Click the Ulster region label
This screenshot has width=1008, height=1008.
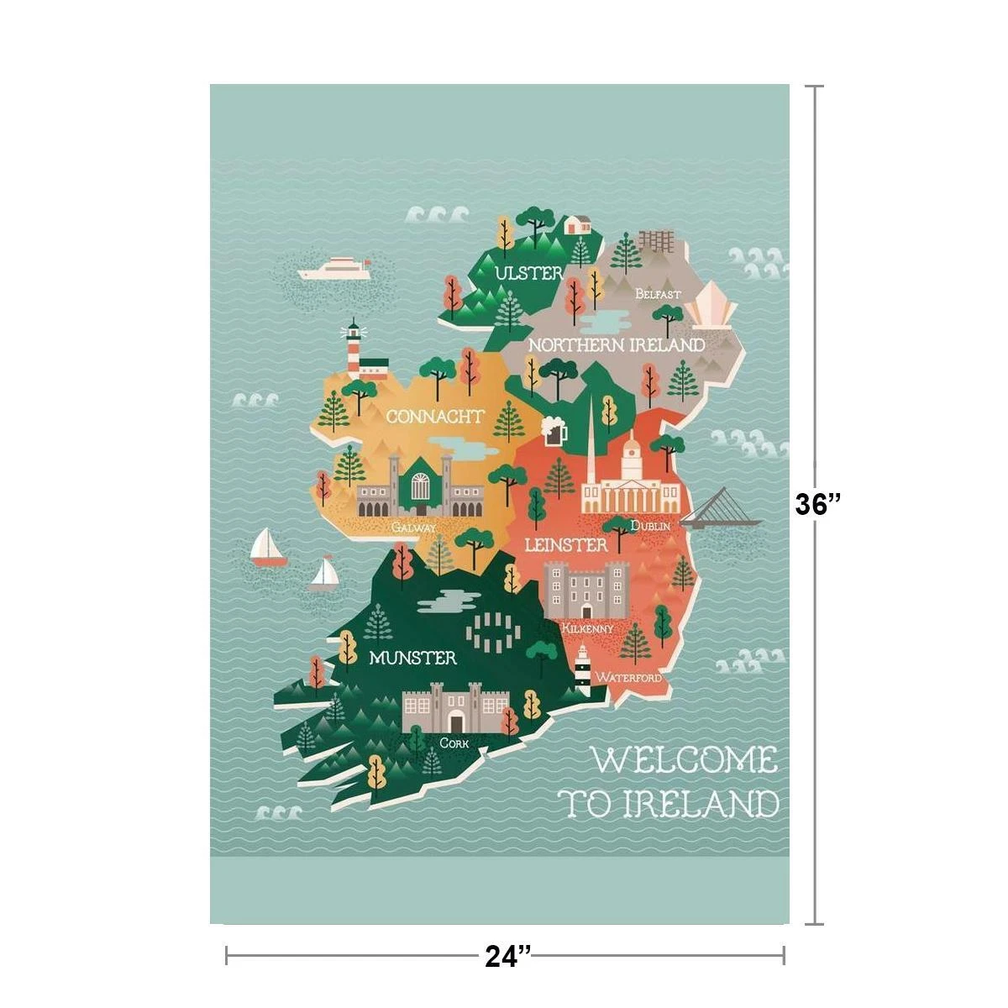(x=528, y=273)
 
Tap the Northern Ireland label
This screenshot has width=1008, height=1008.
(x=616, y=345)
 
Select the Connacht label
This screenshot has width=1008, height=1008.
(x=435, y=416)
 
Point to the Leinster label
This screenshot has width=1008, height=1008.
(x=565, y=545)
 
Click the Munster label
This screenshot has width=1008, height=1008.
(x=413, y=658)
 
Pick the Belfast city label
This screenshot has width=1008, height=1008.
(x=658, y=294)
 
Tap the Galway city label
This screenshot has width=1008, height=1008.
(x=414, y=528)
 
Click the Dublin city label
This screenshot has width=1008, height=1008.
(x=650, y=526)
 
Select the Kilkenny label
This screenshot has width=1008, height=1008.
(x=588, y=628)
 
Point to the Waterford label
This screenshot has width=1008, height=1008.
(x=628, y=677)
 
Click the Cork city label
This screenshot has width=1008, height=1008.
(x=454, y=743)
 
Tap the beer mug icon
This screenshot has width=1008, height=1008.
(x=554, y=431)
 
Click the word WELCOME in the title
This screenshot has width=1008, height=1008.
(x=685, y=760)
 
